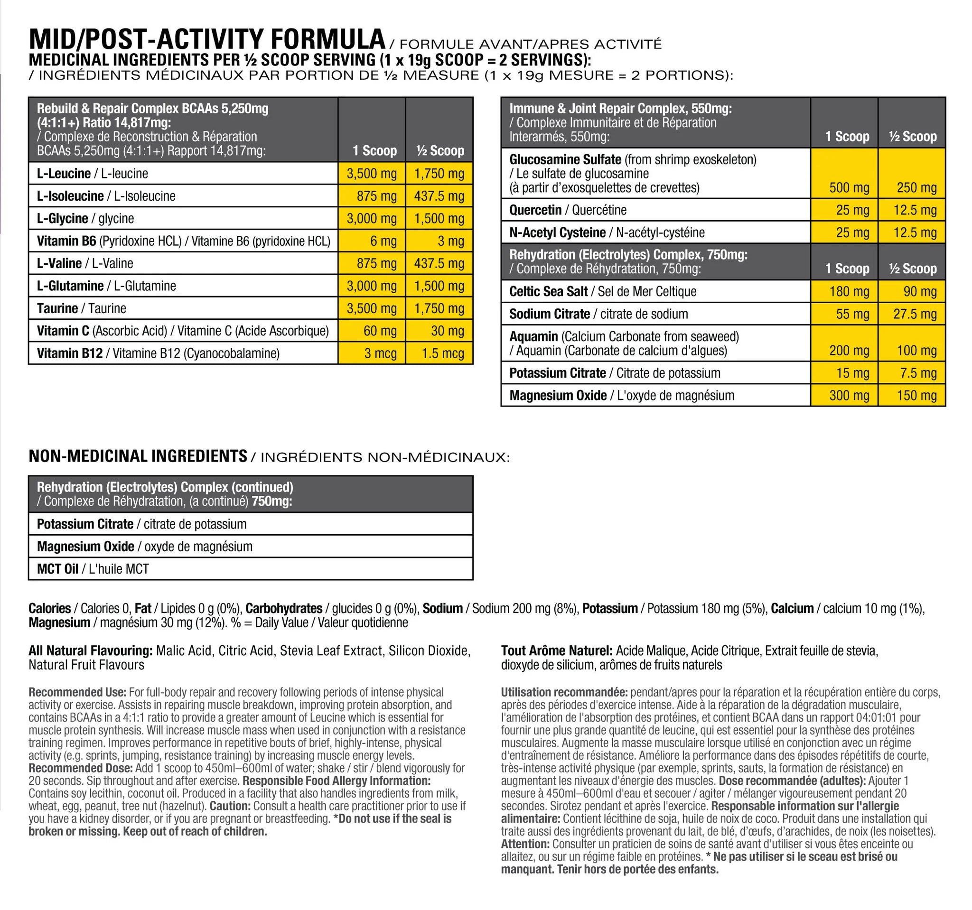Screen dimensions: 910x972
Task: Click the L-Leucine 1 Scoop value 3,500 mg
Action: (372, 174)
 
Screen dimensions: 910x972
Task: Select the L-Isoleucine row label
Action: (106, 196)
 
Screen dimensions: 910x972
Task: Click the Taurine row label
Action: (82, 308)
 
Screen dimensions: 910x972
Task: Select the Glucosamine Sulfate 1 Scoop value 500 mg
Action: (849, 188)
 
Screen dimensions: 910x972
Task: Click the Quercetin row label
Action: (568, 210)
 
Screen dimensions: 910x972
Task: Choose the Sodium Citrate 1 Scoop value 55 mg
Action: (853, 314)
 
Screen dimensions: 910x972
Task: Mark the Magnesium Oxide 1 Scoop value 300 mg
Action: (849, 395)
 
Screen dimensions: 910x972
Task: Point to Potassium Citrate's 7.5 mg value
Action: (918, 373)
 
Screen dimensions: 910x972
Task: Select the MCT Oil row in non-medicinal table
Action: (93, 569)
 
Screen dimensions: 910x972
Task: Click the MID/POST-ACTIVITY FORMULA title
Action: (207, 39)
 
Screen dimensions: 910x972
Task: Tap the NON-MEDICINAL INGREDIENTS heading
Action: (138, 456)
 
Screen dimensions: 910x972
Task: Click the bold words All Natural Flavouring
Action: (91, 651)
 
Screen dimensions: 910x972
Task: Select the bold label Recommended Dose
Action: (80, 768)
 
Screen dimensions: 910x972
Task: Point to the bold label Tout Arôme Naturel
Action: (556, 651)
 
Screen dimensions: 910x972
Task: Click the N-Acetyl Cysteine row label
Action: (607, 232)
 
